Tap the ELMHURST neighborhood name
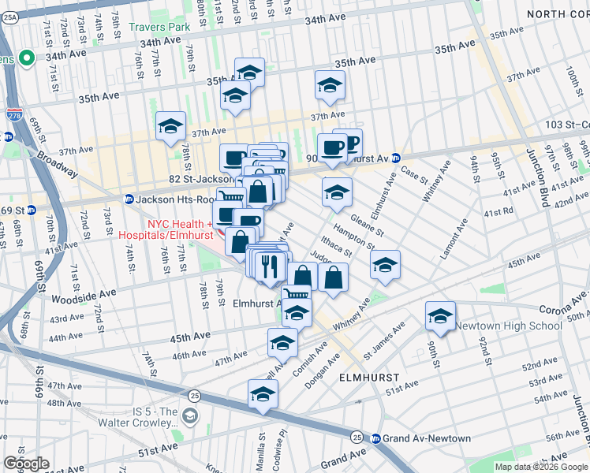coord(364,378)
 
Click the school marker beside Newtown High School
coord(440,317)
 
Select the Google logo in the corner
coord(26,464)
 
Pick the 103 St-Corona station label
coord(567,125)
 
